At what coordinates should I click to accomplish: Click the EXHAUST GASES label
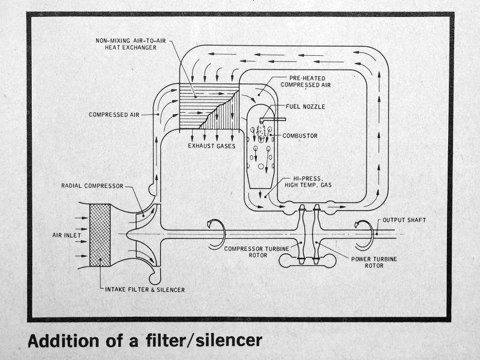(x=211, y=146)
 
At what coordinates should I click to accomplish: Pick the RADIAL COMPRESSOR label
(x=91, y=186)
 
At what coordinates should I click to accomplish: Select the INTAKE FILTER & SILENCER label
(x=142, y=289)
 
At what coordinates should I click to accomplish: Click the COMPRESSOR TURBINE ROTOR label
(x=259, y=253)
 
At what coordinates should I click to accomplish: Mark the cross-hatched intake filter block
(x=101, y=235)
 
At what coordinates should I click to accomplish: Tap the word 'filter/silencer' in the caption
(x=203, y=341)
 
